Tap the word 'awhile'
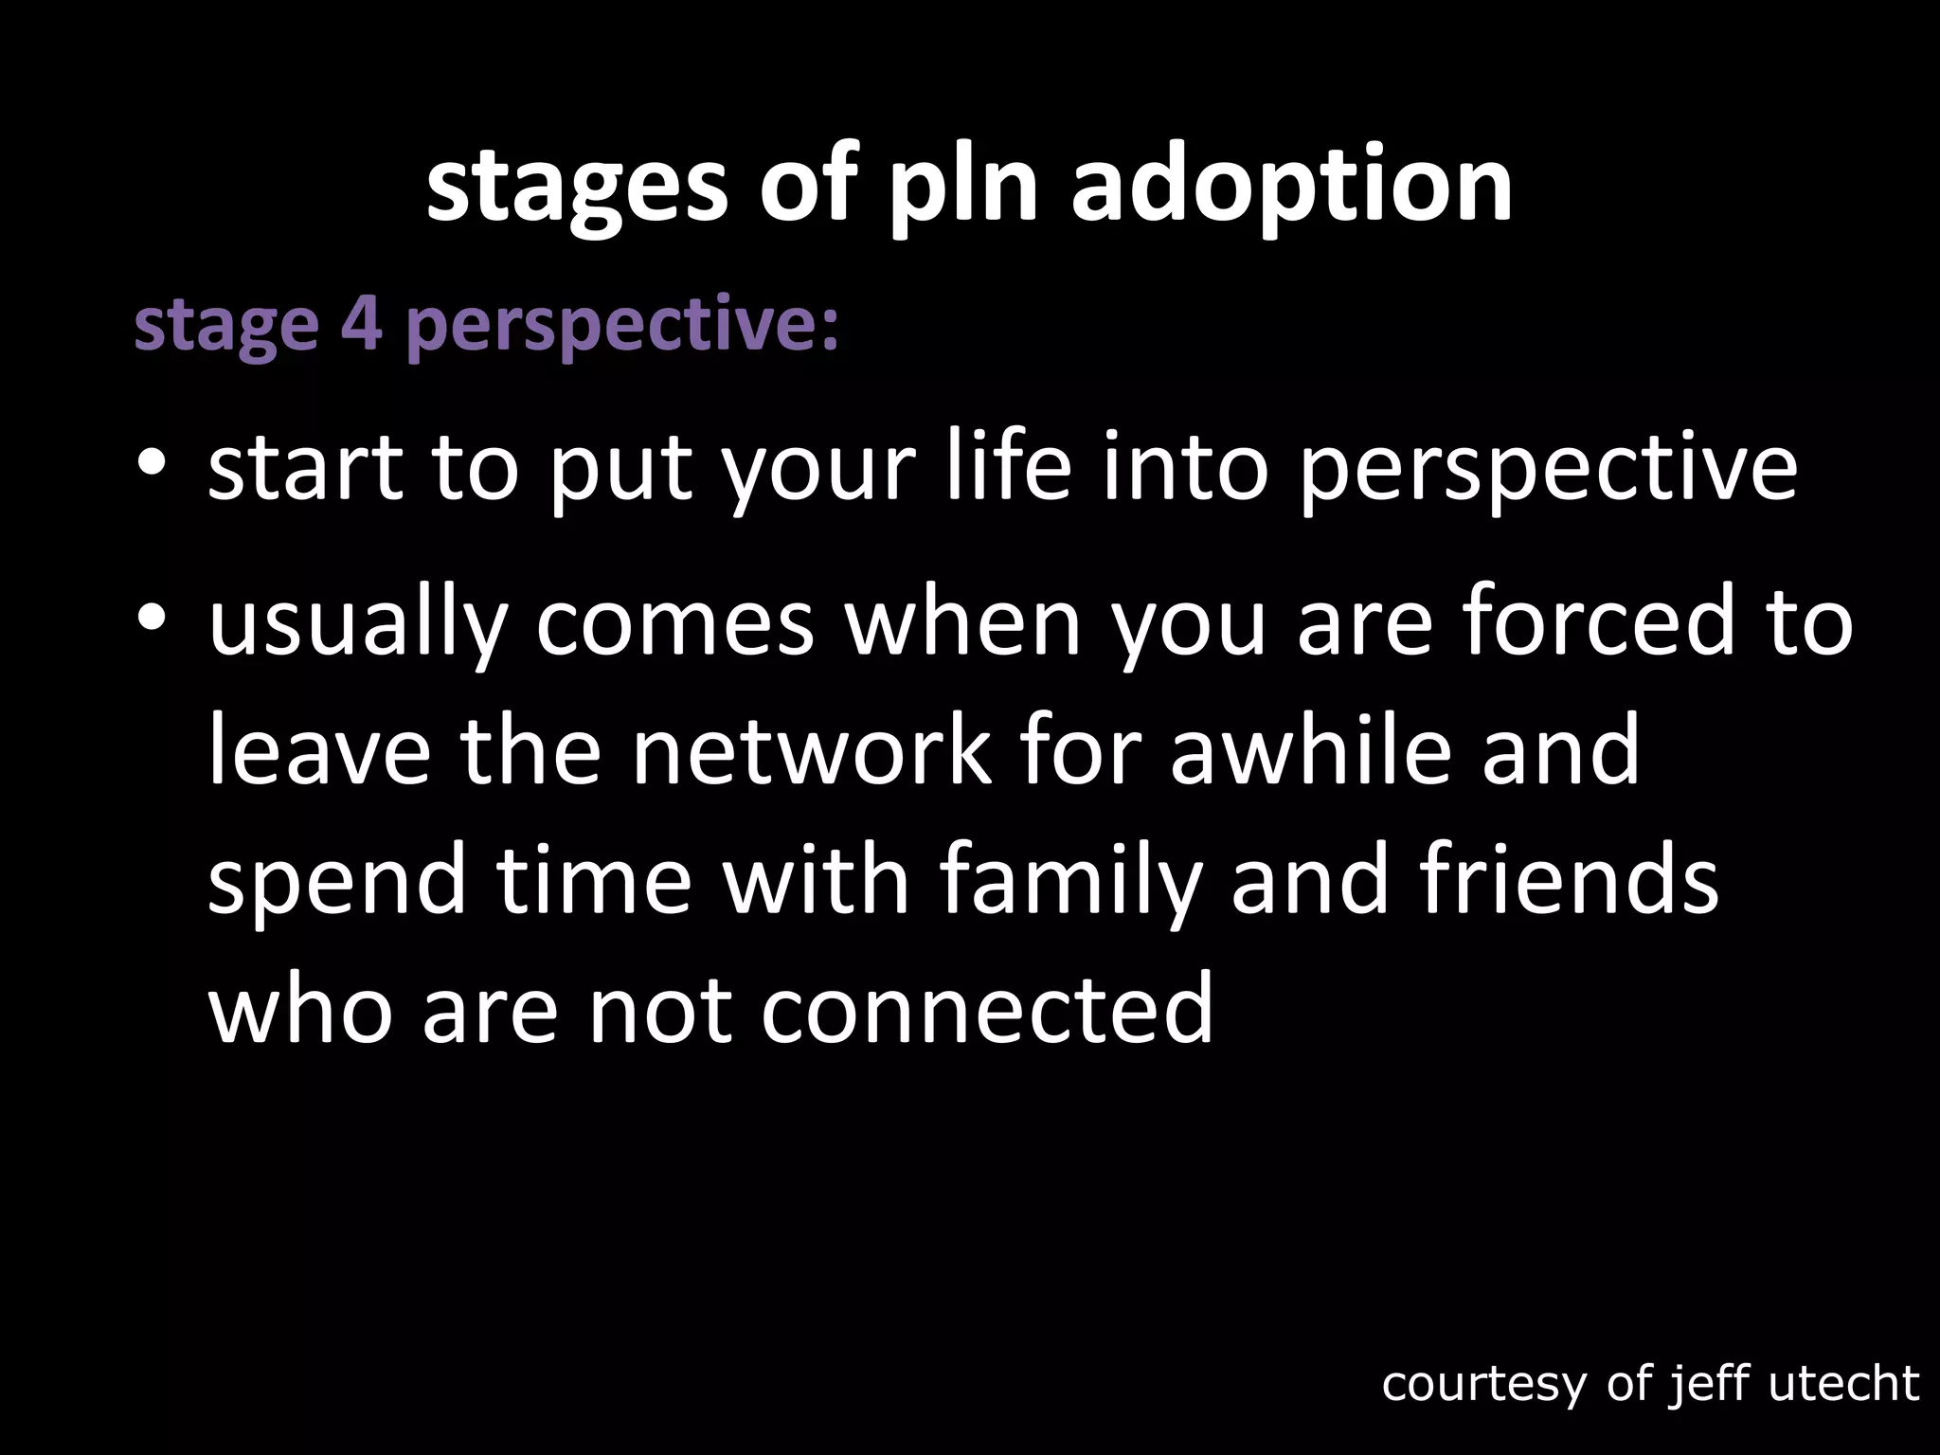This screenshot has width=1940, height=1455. (x=1310, y=750)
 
